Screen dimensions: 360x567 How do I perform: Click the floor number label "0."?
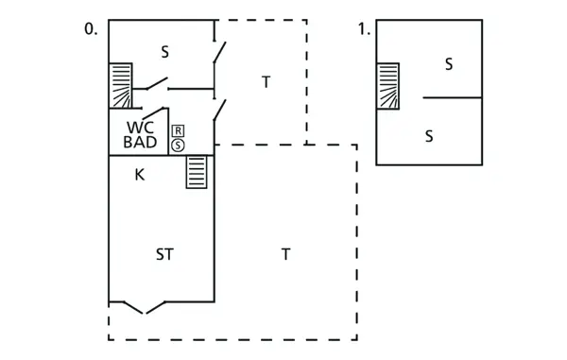(x=91, y=29)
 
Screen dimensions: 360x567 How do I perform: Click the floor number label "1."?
(x=364, y=29)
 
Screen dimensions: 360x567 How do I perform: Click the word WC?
(x=140, y=128)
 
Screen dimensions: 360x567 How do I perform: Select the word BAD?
(x=140, y=143)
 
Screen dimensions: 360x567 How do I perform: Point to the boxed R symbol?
(x=178, y=130)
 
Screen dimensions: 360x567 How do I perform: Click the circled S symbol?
(x=178, y=145)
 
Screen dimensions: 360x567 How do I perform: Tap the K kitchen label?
(x=139, y=174)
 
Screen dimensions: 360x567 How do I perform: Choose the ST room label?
(x=165, y=254)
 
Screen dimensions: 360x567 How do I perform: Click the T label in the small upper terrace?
(x=266, y=83)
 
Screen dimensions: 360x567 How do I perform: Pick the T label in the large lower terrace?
(x=284, y=254)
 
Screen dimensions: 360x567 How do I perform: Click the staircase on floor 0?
(x=120, y=85)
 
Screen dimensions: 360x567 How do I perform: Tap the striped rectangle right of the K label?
(x=197, y=173)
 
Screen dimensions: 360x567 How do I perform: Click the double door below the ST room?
(x=145, y=307)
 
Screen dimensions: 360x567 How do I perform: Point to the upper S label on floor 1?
(x=448, y=64)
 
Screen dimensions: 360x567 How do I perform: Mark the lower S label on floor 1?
(x=428, y=136)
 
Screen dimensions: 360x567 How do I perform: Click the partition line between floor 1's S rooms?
(x=453, y=97)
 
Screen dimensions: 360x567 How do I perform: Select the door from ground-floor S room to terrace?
(x=219, y=53)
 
